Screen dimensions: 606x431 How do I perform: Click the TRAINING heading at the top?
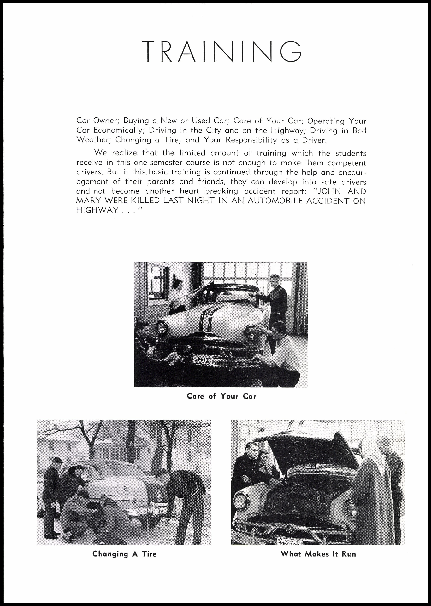point(222,51)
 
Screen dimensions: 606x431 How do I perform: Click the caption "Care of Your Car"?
point(221,396)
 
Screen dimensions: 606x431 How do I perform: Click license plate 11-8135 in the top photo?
point(203,360)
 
